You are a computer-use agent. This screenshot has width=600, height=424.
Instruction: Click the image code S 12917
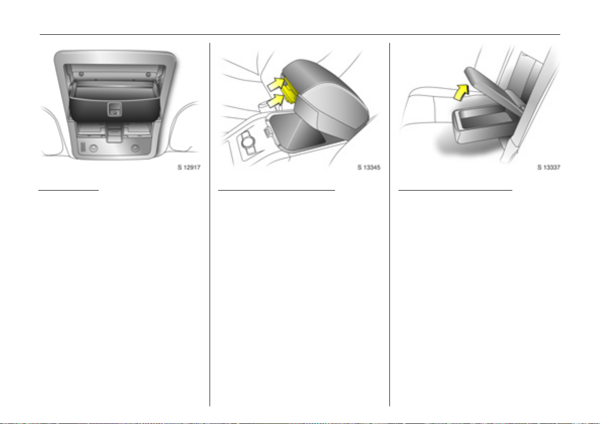coord(188,167)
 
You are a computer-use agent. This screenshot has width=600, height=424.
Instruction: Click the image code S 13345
coord(369,167)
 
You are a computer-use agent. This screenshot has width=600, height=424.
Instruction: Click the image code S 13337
coord(549,167)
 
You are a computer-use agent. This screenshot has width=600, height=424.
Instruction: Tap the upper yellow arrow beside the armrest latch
coord(276,84)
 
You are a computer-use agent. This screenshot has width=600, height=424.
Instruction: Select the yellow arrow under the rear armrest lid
coord(461,93)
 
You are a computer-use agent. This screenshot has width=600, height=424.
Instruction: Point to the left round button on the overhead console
coord(93,148)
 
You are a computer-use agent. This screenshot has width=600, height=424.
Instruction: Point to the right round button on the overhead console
coord(135,148)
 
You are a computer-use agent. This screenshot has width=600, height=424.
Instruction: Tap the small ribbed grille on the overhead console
coord(83,147)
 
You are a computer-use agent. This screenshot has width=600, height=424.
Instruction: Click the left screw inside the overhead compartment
coord(81,73)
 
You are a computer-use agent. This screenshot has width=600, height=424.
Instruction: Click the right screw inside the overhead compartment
coord(148,73)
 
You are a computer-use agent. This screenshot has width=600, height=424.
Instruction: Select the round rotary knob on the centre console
coord(248,143)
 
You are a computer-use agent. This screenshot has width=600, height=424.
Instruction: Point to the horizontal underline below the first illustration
coord(69,190)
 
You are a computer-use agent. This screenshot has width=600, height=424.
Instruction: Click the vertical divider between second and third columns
coord(389,224)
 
